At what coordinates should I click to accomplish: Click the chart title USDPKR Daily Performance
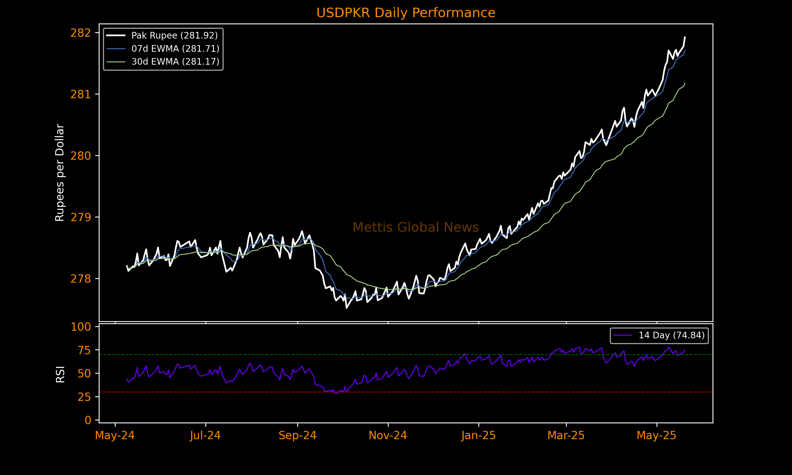pos(406,13)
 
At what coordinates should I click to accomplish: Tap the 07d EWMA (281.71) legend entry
pos(175,49)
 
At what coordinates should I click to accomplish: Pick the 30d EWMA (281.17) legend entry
pos(175,61)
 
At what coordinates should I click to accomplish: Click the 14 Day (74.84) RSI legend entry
pos(671,335)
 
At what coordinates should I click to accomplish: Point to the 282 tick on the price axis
pos(81,33)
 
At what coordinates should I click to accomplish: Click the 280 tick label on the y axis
pos(81,156)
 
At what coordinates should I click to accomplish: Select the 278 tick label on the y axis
pos(81,279)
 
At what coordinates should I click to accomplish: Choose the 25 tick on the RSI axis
pos(84,397)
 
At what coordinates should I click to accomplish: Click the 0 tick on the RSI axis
pos(88,420)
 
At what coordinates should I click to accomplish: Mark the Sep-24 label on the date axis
pos(298,435)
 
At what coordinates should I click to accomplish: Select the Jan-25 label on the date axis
pos(478,435)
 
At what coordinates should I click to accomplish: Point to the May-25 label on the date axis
pos(656,435)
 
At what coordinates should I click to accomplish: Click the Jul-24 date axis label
pos(205,435)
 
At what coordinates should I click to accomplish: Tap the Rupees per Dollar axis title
pos(60,173)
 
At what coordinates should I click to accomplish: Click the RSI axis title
pos(60,374)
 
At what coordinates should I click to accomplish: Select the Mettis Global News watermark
pos(416,227)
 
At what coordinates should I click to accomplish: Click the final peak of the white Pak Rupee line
pos(685,37)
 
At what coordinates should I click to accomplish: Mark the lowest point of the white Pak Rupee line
pos(346,308)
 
